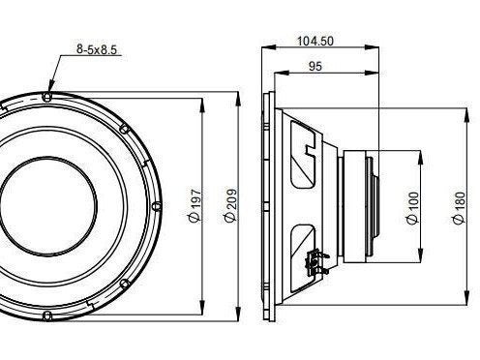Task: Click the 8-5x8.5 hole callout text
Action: (97, 49)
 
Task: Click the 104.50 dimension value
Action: (315, 42)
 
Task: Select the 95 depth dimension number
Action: (315, 66)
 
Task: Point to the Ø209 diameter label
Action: (231, 205)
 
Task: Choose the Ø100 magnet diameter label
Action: (413, 208)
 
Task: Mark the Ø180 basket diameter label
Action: (459, 208)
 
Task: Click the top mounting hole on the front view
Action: (47, 97)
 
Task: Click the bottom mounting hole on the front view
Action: (47, 315)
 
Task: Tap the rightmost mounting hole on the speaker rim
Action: (157, 206)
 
